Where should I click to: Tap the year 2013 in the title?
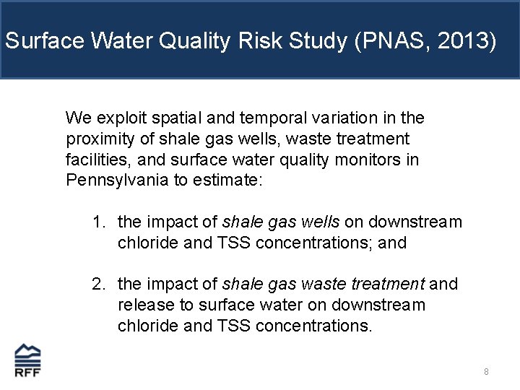(x=465, y=40)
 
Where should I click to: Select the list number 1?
(x=98, y=222)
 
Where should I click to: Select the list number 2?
(x=98, y=284)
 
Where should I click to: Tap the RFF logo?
(x=28, y=360)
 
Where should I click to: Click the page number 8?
(x=486, y=372)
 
